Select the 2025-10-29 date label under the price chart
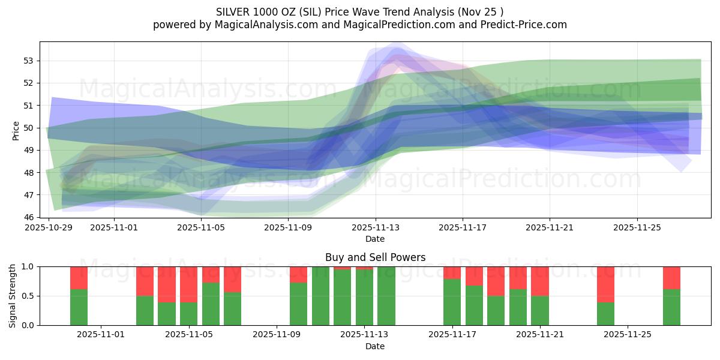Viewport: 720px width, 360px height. click(x=49, y=228)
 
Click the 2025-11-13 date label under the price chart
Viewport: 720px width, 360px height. click(x=376, y=228)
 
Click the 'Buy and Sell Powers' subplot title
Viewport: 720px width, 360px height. click(x=375, y=257)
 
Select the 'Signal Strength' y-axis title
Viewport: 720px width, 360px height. click(x=13, y=296)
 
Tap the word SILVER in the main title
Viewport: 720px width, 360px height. click(x=235, y=12)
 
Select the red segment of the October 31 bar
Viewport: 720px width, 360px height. click(x=79, y=278)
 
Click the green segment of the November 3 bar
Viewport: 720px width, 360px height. click(x=145, y=310)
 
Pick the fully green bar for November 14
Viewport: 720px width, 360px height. click(x=386, y=296)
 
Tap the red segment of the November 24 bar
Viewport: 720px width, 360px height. click(x=605, y=284)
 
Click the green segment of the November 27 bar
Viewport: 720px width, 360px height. click(x=671, y=307)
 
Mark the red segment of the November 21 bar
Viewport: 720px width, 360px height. click(x=540, y=281)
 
